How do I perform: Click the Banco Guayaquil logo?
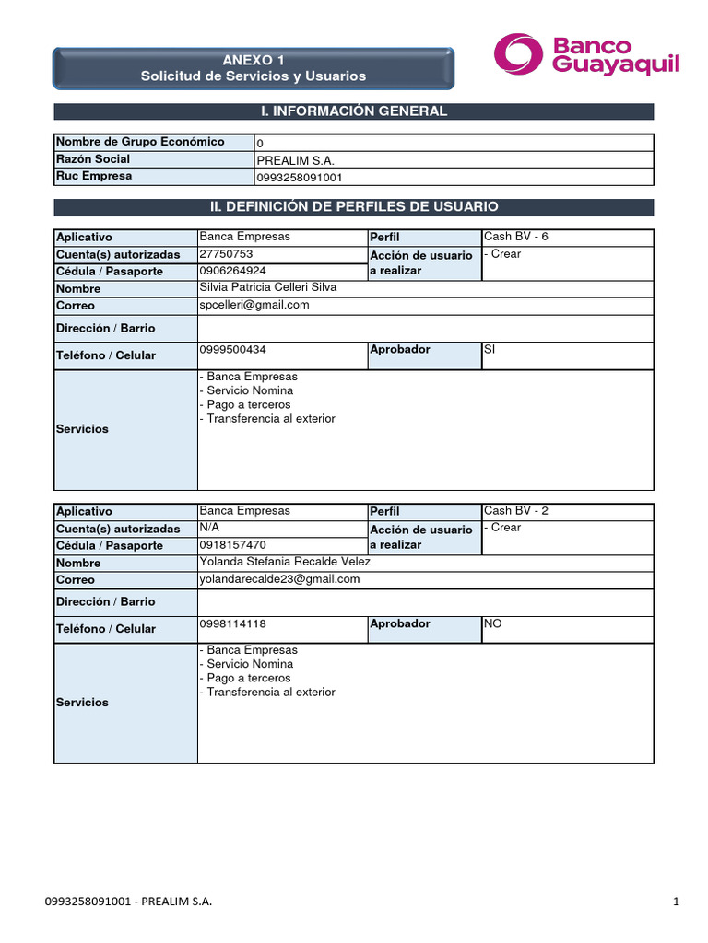(586, 55)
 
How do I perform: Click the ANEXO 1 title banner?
(254, 67)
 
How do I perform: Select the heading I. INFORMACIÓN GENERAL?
(354, 111)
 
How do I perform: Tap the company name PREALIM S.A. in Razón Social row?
(289, 160)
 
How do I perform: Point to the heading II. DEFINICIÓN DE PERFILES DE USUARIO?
(354, 207)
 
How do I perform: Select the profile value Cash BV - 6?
(515, 237)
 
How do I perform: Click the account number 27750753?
(226, 254)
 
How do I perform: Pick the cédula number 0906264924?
(232, 271)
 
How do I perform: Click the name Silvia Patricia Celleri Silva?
(268, 287)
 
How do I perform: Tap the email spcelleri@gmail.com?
(254, 305)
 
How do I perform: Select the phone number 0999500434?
(233, 350)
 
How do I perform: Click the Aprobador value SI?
(490, 350)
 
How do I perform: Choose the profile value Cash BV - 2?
(515, 510)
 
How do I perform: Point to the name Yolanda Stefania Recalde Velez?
(285, 562)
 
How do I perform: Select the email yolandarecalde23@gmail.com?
(279, 579)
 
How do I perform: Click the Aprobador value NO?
(493, 623)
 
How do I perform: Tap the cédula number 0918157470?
(232, 545)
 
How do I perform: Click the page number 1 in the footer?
(676, 902)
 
